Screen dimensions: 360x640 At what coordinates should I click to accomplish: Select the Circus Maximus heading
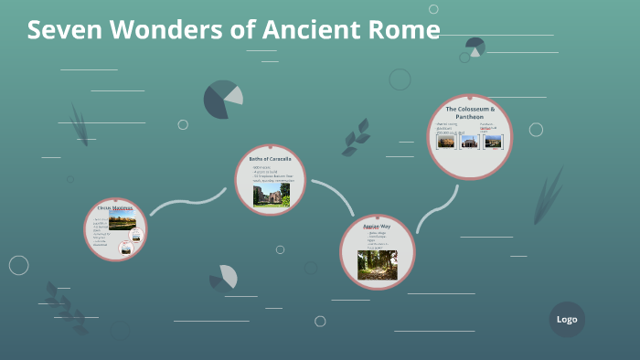pos(114,208)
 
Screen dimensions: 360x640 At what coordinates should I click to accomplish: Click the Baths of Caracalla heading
pos(270,159)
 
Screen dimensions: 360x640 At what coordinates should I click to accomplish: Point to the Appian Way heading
pos(377,226)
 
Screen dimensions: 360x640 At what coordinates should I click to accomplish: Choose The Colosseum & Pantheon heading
pos(470,112)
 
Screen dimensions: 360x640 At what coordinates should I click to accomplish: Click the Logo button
pos(567,319)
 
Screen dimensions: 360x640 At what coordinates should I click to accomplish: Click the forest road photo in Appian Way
pos(377,264)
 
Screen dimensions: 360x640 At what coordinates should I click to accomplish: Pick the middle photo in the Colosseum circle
pos(470,142)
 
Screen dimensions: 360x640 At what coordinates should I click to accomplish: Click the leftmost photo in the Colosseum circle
pos(446,142)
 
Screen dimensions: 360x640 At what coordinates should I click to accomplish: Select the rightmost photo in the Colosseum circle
pos(493,142)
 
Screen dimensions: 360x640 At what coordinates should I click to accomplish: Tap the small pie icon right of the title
pos(475,47)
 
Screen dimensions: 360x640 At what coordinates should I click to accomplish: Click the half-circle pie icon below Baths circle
pos(224,277)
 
